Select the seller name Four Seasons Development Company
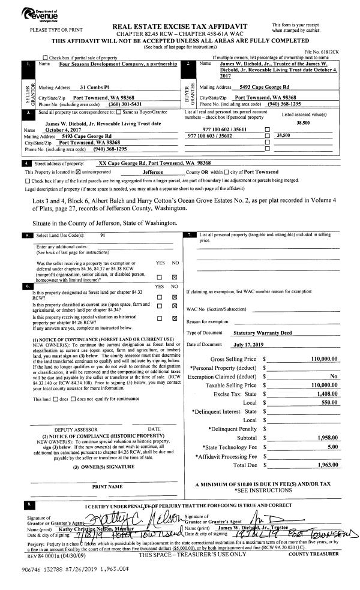point(110,63)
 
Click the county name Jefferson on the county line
point(157,171)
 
